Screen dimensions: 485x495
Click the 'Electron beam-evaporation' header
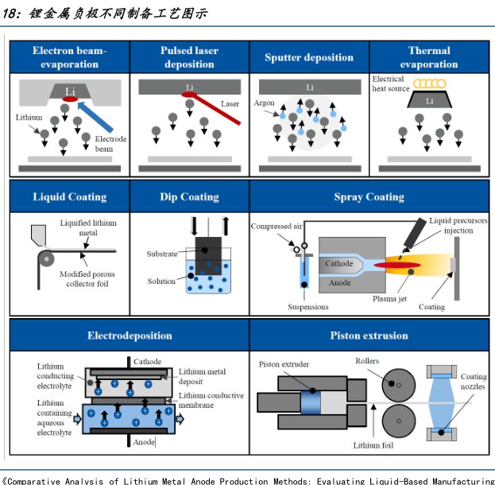click(x=69, y=56)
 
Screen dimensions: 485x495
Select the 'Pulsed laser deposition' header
click(x=189, y=56)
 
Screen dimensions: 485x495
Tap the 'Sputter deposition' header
click(x=308, y=57)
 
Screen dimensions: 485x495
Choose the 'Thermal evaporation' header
click(x=428, y=56)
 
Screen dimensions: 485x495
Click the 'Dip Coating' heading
click(x=189, y=196)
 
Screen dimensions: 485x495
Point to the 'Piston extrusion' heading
click(x=369, y=336)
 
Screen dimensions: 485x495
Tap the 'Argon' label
click(x=264, y=103)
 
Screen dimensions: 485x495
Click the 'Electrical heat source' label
click(x=390, y=83)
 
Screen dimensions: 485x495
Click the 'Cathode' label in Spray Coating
click(x=339, y=263)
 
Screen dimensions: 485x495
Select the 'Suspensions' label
click(x=308, y=305)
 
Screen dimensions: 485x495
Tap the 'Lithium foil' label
click(x=373, y=445)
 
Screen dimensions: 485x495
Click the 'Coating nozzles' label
click(x=474, y=382)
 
